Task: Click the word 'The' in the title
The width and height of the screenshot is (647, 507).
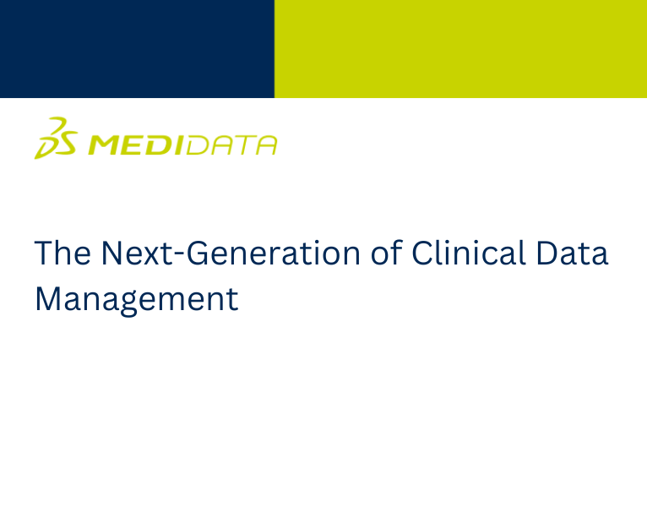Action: point(62,253)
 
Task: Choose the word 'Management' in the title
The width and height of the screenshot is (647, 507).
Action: point(136,300)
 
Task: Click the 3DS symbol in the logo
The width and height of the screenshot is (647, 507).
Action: point(56,138)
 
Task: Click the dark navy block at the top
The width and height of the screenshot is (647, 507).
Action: point(137,49)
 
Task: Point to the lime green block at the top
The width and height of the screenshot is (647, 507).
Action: point(460,49)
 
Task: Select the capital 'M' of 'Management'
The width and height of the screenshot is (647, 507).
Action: point(48,299)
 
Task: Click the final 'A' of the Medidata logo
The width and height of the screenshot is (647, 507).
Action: point(265,145)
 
